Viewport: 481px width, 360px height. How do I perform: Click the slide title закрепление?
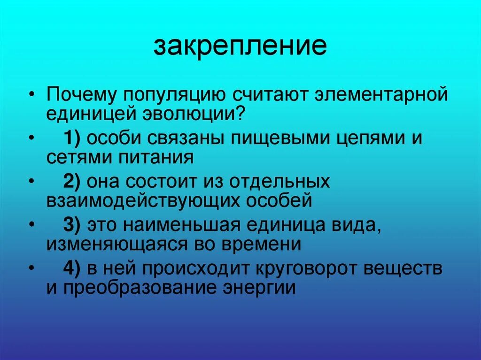click(240, 47)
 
